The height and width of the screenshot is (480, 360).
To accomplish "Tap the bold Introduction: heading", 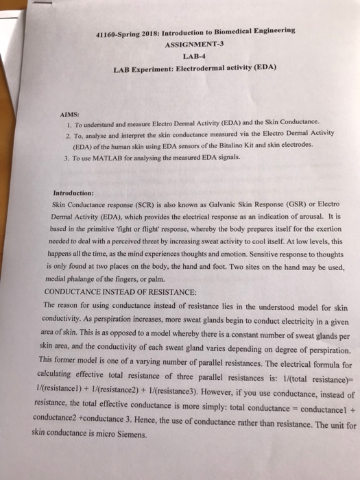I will (x=73, y=193).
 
